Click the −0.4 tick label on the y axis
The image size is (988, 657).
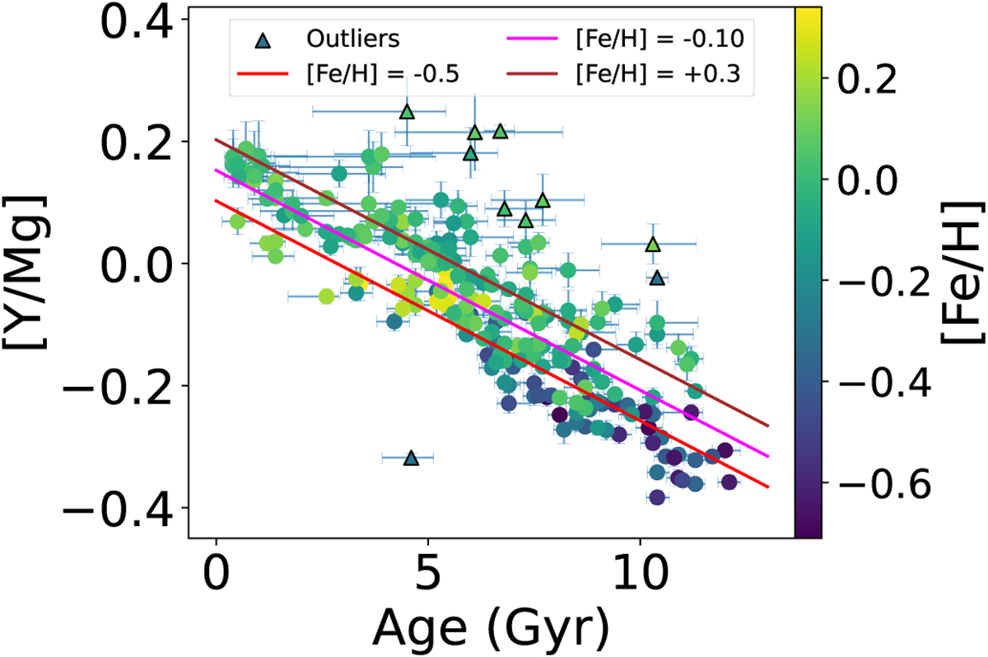click(123, 508)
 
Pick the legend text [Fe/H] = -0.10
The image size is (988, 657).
click(657, 39)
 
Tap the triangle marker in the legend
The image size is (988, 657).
click(260, 39)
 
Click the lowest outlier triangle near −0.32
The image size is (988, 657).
click(412, 458)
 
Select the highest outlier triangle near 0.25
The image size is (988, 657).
click(407, 111)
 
